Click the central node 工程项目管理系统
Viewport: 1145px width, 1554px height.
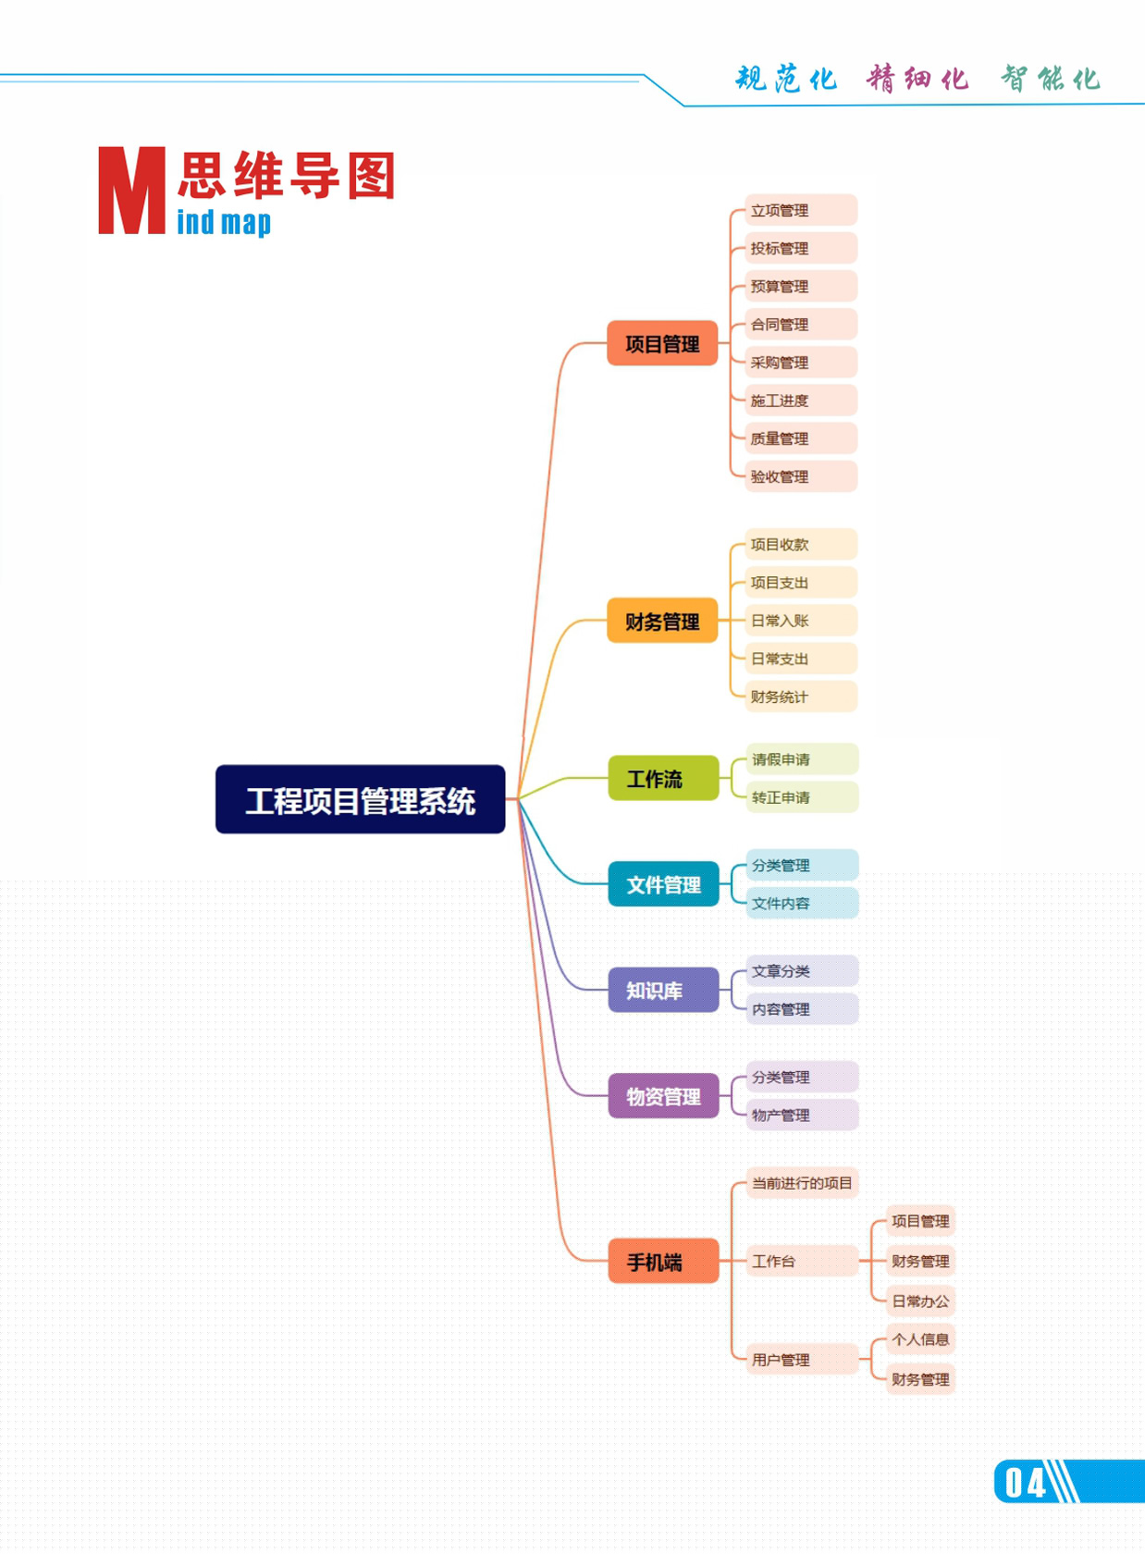(x=360, y=799)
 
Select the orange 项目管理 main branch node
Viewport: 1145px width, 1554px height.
(x=662, y=343)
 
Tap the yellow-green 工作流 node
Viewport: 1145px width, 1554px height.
(x=662, y=778)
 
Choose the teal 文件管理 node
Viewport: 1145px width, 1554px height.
(x=662, y=884)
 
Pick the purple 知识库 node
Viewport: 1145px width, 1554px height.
(x=662, y=990)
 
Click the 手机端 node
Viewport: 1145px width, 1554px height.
(x=662, y=1261)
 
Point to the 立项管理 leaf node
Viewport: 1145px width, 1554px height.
(x=800, y=210)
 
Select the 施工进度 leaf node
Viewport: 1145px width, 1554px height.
(x=800, y=401)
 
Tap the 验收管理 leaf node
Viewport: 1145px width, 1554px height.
(x=800, y=476)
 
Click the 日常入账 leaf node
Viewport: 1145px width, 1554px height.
(x=800, y=621)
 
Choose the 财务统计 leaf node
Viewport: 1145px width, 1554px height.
(x=800, y=697)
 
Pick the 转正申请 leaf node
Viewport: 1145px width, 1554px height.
(x=801, y=797)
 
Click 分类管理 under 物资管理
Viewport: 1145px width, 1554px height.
(x=801, y=1077)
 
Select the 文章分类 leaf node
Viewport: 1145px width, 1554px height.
(x=801, y=971)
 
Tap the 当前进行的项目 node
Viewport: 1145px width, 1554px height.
(x=802, y=1183)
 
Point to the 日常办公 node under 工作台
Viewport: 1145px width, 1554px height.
(x=919, y=1301)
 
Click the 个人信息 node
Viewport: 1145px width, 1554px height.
(x=919, y=1339)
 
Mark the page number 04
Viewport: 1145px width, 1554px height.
(x=1025, y=1482)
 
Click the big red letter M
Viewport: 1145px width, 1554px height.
(x=131, y=191)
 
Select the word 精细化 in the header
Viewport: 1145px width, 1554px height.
(x=917, y=79)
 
